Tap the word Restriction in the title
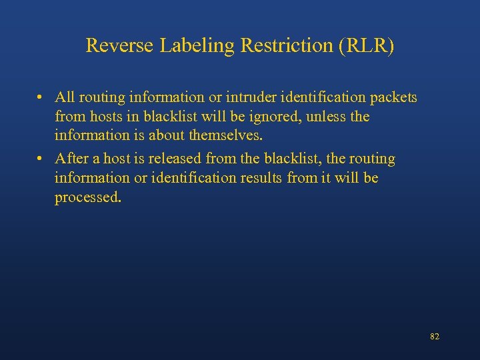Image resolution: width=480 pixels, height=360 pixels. pos(260,46)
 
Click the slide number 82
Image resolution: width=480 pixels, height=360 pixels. pos(435,337)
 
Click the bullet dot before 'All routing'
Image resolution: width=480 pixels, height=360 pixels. pos(41,98)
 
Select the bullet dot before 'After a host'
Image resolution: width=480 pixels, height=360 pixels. pos(41,159)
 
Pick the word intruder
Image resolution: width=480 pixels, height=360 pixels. pos(249,98)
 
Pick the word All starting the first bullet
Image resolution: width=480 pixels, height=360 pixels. pos(66,98)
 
